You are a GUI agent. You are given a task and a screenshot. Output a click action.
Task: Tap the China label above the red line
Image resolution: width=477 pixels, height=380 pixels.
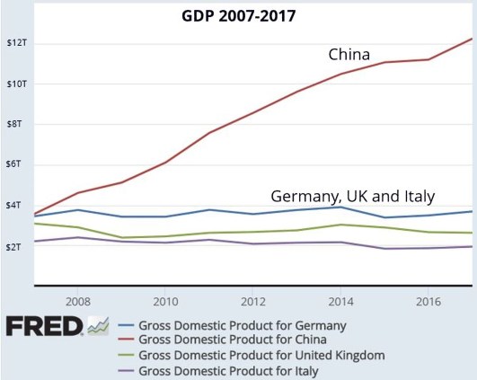[x=349, y=56]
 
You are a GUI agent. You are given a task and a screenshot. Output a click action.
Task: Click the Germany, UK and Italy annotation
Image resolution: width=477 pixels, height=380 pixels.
[x=353, y=196]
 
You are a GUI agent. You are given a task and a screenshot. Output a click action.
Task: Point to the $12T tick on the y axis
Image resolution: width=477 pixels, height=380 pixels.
[x=16, y=43]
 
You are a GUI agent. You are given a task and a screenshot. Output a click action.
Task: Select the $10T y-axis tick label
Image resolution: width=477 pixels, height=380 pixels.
[x=16, y=84]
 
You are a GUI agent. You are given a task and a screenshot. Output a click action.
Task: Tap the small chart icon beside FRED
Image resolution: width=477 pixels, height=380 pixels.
[x=97, y=325]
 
